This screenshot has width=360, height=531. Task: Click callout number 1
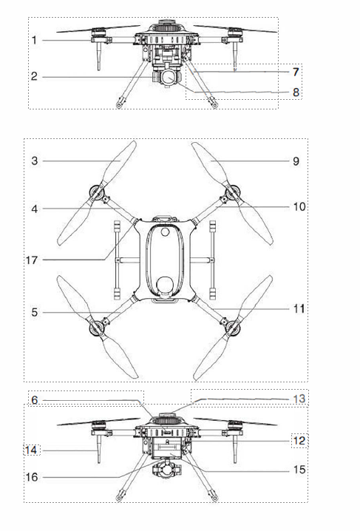pos(34,40)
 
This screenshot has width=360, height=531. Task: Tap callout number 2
pos(34,76)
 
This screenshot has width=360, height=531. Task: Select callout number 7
pos(296,72)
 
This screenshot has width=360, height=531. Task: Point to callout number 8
pos(296,92)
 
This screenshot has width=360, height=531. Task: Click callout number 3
pos(35,161)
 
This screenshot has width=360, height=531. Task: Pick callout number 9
pos(296,161)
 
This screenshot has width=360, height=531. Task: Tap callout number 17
pos(32,260)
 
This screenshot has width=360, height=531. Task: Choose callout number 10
pos(299,206)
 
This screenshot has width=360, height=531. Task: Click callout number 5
pos(35,312)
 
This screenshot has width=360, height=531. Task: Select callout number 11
pos(299,309)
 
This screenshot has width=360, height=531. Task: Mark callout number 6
pos(35,400)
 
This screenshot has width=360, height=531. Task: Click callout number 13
pos(299,399)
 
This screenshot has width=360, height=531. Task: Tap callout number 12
pos(299,441)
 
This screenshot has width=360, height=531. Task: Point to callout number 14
pos(31,450)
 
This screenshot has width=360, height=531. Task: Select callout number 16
pos(32,477)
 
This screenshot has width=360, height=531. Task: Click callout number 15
pos(299,470)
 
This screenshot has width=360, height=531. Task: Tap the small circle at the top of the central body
pos(165,231)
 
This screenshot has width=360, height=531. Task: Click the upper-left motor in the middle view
pos(96,193)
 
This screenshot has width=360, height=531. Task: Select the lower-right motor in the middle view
pos(233,327)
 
